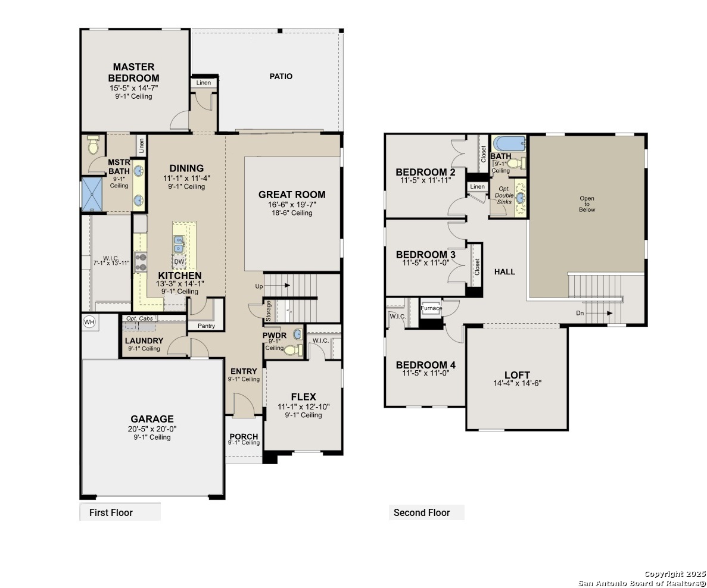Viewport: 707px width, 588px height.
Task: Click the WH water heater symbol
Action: coord(89,322)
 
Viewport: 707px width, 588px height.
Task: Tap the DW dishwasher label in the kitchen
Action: coord(179,261)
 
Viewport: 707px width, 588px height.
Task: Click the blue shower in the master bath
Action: coord(92,194)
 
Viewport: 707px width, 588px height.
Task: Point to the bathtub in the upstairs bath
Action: coord(509,144)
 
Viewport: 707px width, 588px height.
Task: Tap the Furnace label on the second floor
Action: coord(431,308)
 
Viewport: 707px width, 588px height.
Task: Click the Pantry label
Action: coord(207,326)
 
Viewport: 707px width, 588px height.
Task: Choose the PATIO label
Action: coord(281,77)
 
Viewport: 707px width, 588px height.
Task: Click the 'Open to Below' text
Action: coord(587,204)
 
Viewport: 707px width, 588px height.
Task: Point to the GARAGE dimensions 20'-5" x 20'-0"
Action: coord(152,429)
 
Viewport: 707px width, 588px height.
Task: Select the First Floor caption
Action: coord(111,513)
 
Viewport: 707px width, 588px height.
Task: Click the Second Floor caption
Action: coord(422,513)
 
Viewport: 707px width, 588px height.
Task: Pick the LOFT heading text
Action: coord(517,375)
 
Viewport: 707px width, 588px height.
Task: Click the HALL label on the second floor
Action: coord(504,272)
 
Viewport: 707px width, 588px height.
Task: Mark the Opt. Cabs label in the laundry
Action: coord(139,318)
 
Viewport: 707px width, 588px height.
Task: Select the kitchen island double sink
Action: coord(179,244)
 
